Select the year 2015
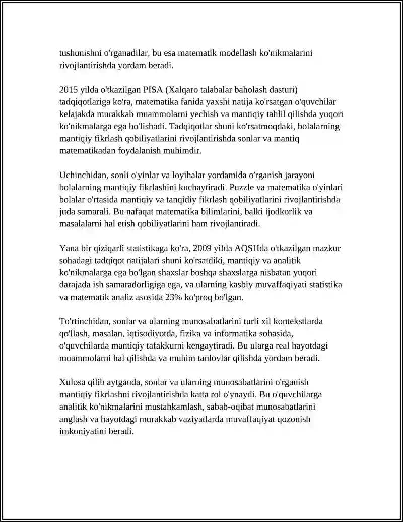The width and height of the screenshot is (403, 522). click(69, 90)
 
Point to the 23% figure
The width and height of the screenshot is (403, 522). click(167, 297)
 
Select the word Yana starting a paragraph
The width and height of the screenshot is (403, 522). click(69, 249)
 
